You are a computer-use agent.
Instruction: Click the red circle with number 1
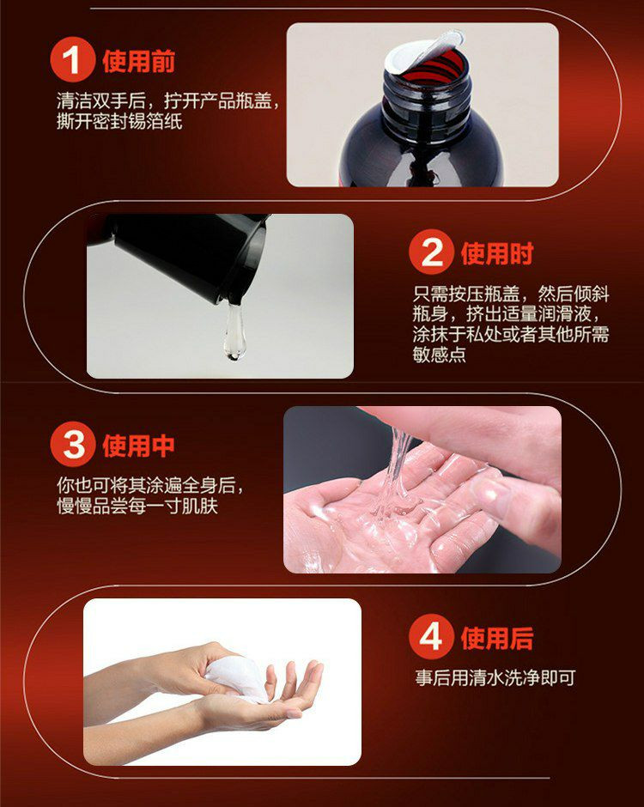coord(73,60)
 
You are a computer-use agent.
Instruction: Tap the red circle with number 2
coord(431,252)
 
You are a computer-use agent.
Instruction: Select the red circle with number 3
coord(73,444)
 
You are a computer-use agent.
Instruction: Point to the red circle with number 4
coord(431,637)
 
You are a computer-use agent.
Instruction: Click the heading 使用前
coord(139,61)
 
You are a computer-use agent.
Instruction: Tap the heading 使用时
coord(497,253)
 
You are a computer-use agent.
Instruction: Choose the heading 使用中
coord(139,446)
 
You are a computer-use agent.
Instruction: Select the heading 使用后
coord(497,638)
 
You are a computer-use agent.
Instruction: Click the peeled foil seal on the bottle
coord(422,49)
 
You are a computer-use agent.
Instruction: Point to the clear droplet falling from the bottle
coord(234,331)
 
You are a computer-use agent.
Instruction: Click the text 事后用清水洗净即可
coord(495,678)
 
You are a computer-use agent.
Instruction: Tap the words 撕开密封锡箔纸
coord(119,121)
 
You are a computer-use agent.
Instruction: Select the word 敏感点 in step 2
coord(439,354)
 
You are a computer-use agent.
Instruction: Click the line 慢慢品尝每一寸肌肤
coord(137,506)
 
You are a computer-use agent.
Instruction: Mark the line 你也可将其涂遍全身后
coord(150,485)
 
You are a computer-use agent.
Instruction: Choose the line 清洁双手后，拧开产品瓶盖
coord(168,101)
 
